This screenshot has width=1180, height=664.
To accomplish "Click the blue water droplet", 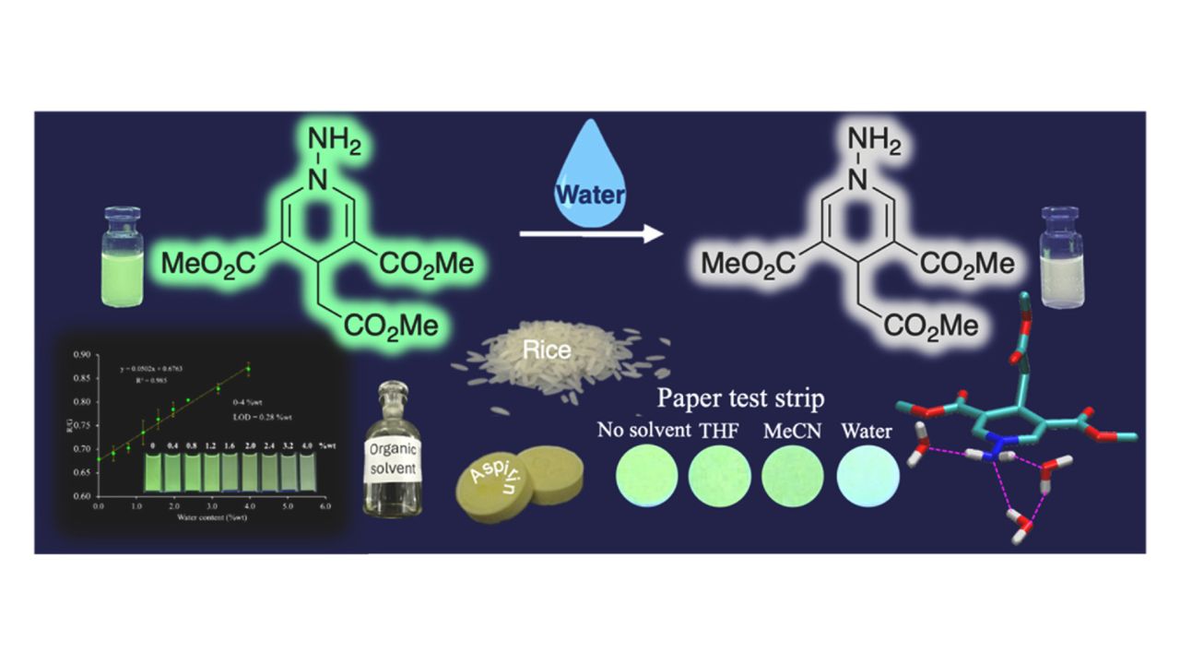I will click(590, 188).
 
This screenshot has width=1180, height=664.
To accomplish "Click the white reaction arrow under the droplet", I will click(591, 235).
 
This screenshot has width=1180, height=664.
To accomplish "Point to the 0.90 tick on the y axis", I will click(84, 354).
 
